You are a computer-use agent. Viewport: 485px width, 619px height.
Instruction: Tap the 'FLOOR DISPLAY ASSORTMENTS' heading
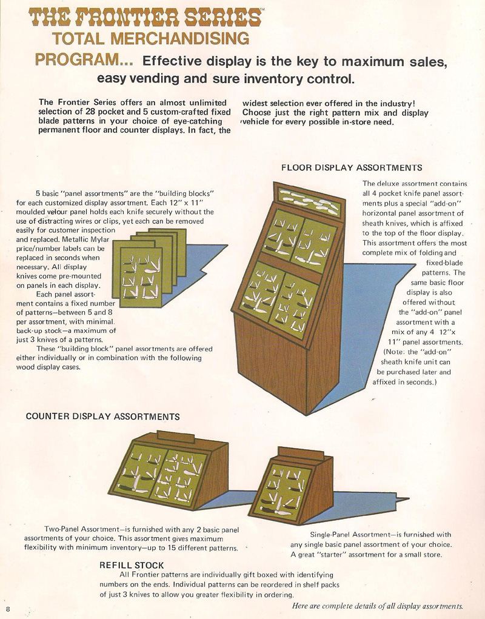click(352, 167)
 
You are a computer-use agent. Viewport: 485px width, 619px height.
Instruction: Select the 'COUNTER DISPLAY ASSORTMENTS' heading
click(102, 417)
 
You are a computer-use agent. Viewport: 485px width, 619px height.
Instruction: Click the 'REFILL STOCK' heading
click(132, 565)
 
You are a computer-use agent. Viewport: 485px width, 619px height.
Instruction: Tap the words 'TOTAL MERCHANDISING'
click(151, 38)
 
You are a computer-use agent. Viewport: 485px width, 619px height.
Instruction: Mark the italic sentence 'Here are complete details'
click(377, 606)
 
